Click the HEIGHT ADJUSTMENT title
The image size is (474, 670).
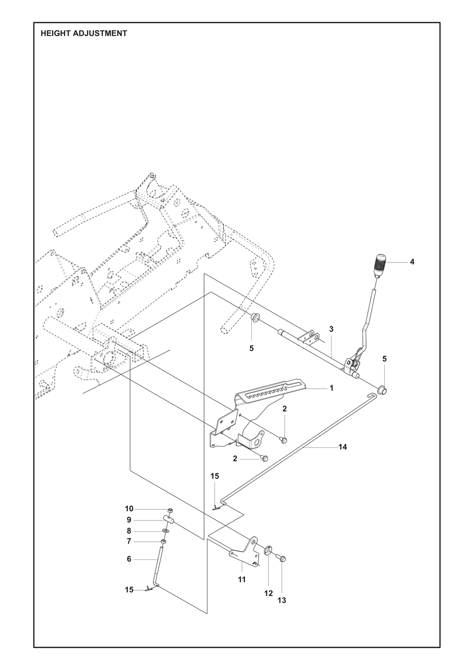(x=84, y=33)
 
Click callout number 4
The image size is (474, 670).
(x=412, y=262)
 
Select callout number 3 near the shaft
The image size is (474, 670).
(x=331, y=329)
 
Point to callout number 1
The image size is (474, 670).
(x=331, y=388)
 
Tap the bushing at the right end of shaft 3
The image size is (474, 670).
(x=382, y=390)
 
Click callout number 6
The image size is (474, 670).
(x=129, y=559)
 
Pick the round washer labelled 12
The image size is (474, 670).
(x=268, y=549)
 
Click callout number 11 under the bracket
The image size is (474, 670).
(x=242, y=579)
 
